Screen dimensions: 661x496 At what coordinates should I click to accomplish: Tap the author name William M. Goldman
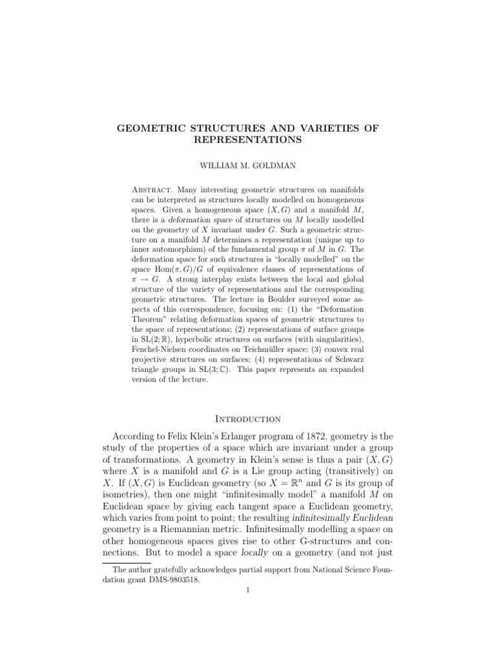click(x=247, y=166)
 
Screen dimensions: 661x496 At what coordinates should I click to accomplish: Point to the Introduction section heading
click(x=247, y=419)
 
